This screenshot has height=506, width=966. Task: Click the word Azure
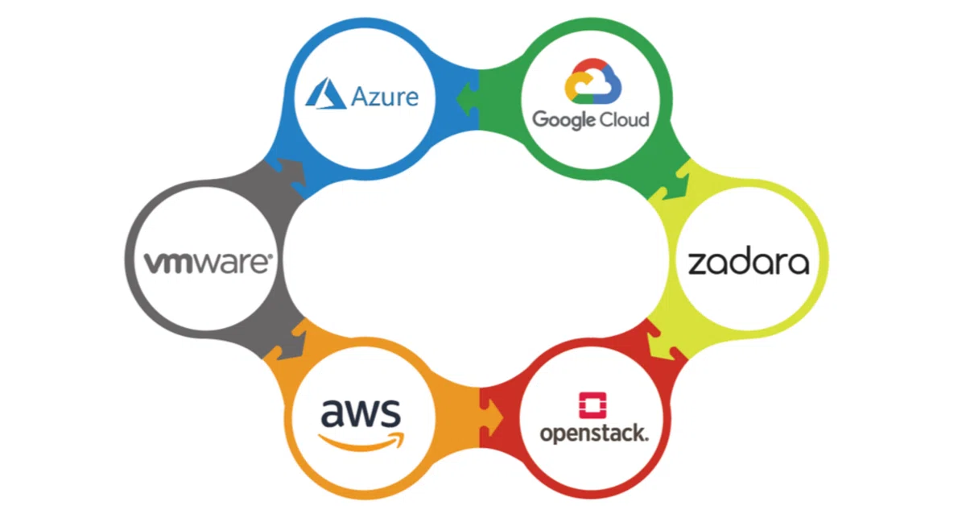[385, 97]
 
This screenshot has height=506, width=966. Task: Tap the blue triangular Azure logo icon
[325, 93]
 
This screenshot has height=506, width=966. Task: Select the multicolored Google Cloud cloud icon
[592, 81]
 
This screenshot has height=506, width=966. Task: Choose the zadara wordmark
[748, 263]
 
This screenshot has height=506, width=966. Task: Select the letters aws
[361, 414]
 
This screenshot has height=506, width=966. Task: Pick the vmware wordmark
[207, 263]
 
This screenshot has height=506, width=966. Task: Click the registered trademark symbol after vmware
[270, 258]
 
